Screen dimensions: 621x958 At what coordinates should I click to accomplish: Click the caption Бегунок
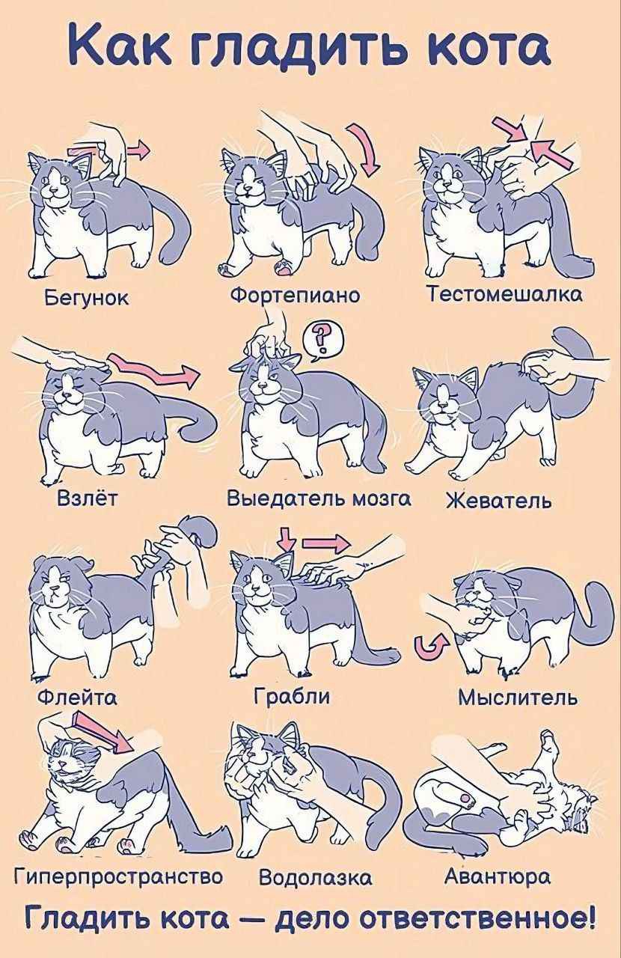(86, 298)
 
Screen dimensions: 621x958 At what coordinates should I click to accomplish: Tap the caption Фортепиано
(295, 296)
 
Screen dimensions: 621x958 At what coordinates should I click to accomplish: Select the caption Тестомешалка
(506, 294)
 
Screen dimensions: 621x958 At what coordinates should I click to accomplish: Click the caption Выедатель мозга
(319, 498)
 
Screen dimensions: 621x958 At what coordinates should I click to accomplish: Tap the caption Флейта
(77, 698)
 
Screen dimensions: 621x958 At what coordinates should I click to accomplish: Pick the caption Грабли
(292, 697)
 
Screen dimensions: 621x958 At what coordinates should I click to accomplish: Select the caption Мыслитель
(518, 698)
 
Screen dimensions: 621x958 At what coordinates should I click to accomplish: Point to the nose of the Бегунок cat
(53, 189)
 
